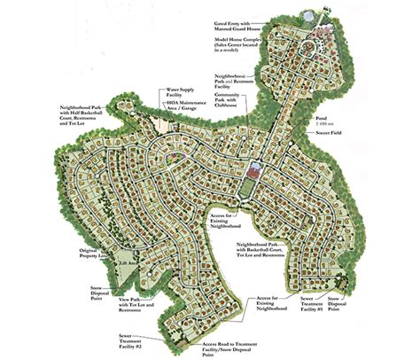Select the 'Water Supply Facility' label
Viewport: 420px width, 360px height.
180,92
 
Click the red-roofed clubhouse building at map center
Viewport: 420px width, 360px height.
257,167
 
